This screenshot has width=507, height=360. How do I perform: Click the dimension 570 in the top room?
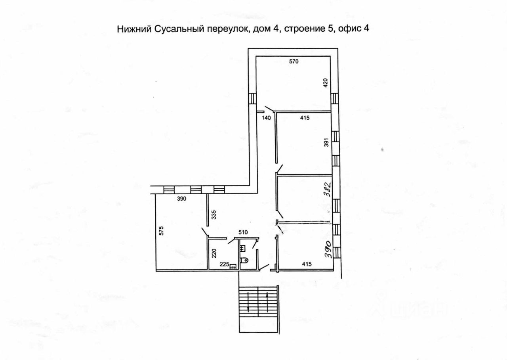click(x=293, y=61)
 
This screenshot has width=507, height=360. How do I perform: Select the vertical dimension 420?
click(x=326, y=83)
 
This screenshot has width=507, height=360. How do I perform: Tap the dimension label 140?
click(x=266, y=118)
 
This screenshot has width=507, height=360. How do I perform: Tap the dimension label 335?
click(x=214, y=215)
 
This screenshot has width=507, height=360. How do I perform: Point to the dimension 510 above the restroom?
click(x=243, y=232)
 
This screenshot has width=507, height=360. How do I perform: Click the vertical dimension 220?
click(x=214, y=253)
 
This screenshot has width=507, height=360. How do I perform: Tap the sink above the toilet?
click(x=243, y=248)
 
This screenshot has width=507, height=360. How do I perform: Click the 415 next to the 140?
click(x=304, y=118)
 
